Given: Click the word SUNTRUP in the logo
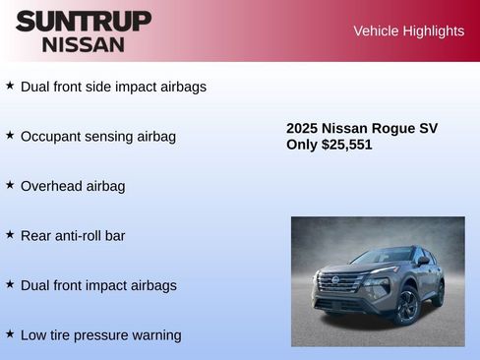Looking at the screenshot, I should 84,21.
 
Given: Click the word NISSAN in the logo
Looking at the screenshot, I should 84,43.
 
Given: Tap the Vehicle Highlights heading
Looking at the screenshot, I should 408,31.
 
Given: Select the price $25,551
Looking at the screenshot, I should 347,145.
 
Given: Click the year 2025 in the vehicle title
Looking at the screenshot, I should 302,128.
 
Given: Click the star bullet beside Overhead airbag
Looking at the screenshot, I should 10,185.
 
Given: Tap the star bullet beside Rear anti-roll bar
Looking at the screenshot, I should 10,234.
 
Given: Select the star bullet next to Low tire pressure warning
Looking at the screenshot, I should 10,333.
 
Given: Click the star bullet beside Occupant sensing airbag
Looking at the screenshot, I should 10,135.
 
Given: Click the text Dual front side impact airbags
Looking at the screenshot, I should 113,87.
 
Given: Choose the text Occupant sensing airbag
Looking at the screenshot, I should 98,137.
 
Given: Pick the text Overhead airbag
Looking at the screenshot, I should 73,186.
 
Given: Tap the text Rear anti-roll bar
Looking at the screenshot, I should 73,236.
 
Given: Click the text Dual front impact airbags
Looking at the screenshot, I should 98,285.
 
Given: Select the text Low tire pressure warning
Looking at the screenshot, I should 101,335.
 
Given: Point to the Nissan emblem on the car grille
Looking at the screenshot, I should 335,281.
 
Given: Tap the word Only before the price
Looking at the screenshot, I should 302,145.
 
